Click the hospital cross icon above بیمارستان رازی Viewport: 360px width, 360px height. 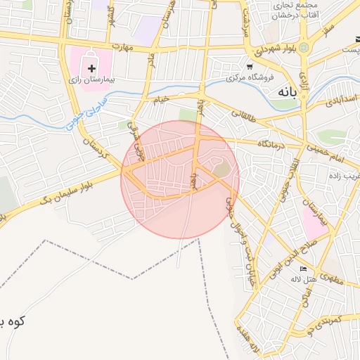pos(91,67)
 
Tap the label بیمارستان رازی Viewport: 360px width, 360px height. pos(91,81)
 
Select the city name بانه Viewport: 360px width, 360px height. pos(289,91)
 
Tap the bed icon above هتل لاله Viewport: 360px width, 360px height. pos(304,269)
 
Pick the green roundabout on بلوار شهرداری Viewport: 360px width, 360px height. pos(304,48)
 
